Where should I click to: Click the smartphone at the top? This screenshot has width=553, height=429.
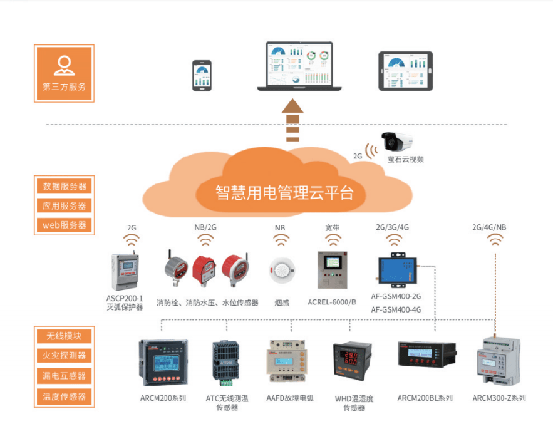[202, 75]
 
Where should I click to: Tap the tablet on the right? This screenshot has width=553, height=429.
[405, 71]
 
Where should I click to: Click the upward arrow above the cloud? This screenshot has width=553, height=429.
[292, 121]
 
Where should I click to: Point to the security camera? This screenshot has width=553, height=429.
[398, 142]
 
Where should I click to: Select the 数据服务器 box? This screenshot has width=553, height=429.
[65, 186]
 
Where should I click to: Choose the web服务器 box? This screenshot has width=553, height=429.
[65, 225]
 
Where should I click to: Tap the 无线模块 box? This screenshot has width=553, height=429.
[65, 335]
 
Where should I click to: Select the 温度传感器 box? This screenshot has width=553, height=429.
[65, 396]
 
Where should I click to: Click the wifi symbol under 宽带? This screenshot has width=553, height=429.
[332, 240]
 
